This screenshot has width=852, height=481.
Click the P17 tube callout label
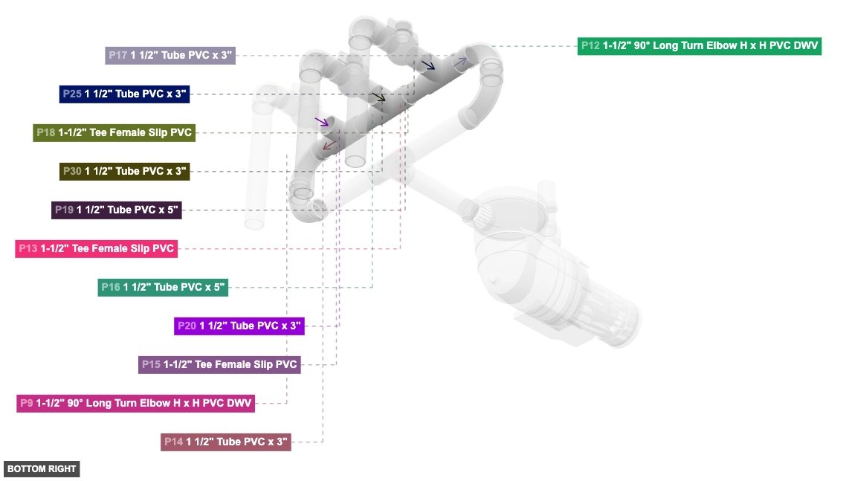click(170, 55)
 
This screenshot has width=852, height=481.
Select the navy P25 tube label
click(124, 94)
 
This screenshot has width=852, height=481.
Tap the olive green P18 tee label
click(114, 133)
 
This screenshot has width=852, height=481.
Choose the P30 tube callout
click(124, 172)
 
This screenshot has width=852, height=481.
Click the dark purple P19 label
click(115, 210)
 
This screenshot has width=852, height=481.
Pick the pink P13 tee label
click(96, 248)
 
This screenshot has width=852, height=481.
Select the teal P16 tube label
click(162, 287)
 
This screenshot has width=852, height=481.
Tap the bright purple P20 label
click(239, 326)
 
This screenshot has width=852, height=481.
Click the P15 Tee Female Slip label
click(219, 364)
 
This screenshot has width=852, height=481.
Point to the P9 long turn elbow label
click(135, 403)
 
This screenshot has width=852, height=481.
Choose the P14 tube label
click(225, 442)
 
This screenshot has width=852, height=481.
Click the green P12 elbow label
click(700, 46)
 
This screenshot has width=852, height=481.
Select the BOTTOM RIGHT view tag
click(41, 469)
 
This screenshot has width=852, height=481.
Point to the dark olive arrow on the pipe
click(379, 97)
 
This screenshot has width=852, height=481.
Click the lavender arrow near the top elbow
click(462, 60)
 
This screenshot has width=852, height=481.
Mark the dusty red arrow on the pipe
click(329, 145)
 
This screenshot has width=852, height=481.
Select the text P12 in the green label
click(591, 46)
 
